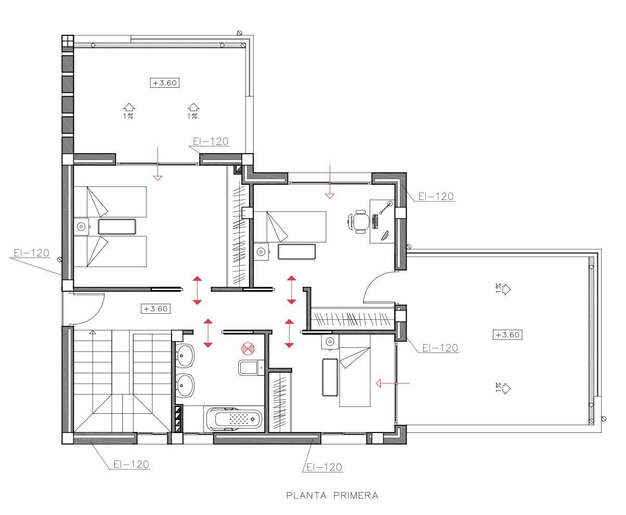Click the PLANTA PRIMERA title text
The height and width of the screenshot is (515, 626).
(x=332, y=495)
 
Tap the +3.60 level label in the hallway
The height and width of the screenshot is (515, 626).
(x=155, y=309)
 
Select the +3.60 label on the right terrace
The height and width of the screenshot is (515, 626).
(x=507, y=335)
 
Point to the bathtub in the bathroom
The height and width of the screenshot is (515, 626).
(x=233, y=418)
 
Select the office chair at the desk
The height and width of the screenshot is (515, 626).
(x=359, y=220)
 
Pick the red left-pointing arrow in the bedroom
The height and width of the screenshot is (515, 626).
(x=393, y=384)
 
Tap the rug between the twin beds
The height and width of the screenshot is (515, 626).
(x=117, y=226)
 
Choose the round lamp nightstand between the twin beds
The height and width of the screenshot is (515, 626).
(x=81, y=226)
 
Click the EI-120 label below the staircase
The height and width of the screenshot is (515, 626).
(x=132, y=464)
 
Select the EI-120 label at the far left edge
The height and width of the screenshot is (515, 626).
(x=31, y=253)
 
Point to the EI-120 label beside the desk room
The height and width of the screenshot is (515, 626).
(x=436, y=197)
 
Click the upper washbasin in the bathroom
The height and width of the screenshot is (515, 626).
(x=185, y=355)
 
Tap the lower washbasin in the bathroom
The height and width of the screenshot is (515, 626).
(x=185, y=386)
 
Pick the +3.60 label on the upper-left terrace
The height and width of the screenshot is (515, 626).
(x=165, y=83)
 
